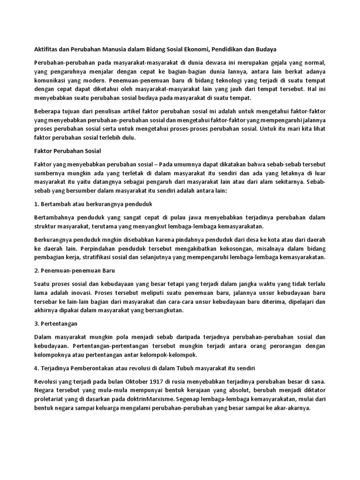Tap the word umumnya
[189, 165]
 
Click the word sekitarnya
[281, 182]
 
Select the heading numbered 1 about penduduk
[93, 204]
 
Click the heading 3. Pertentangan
[56, 324]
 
